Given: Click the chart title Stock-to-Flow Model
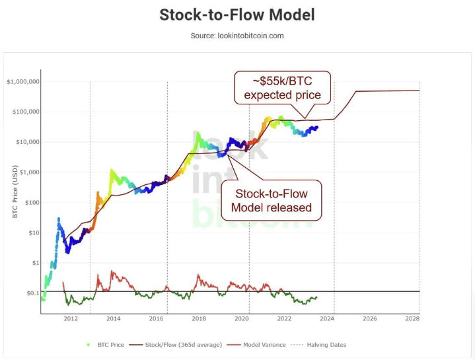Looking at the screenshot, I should (x=237, y=15).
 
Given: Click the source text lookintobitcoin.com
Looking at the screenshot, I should (x=237, y=35).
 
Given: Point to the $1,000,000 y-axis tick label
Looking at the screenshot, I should (x=23, y=82).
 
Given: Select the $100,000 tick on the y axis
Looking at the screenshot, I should (x=24, y=112).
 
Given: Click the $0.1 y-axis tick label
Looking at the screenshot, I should (x=30, y=293).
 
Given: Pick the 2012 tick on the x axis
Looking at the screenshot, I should (x=71, y=318).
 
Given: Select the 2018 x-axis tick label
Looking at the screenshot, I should (x=199, y=318).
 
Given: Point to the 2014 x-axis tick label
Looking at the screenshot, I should (x=113, y=318).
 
